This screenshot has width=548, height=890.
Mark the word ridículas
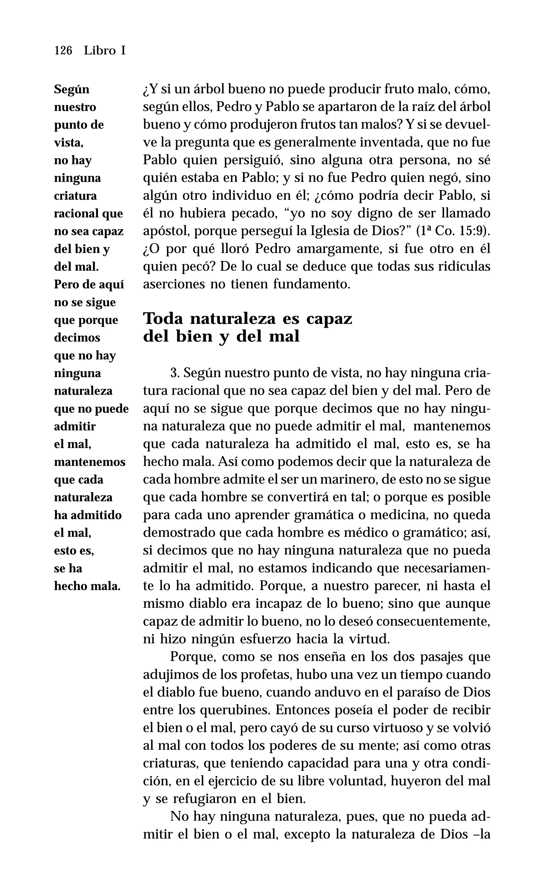[x=464, y=267]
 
